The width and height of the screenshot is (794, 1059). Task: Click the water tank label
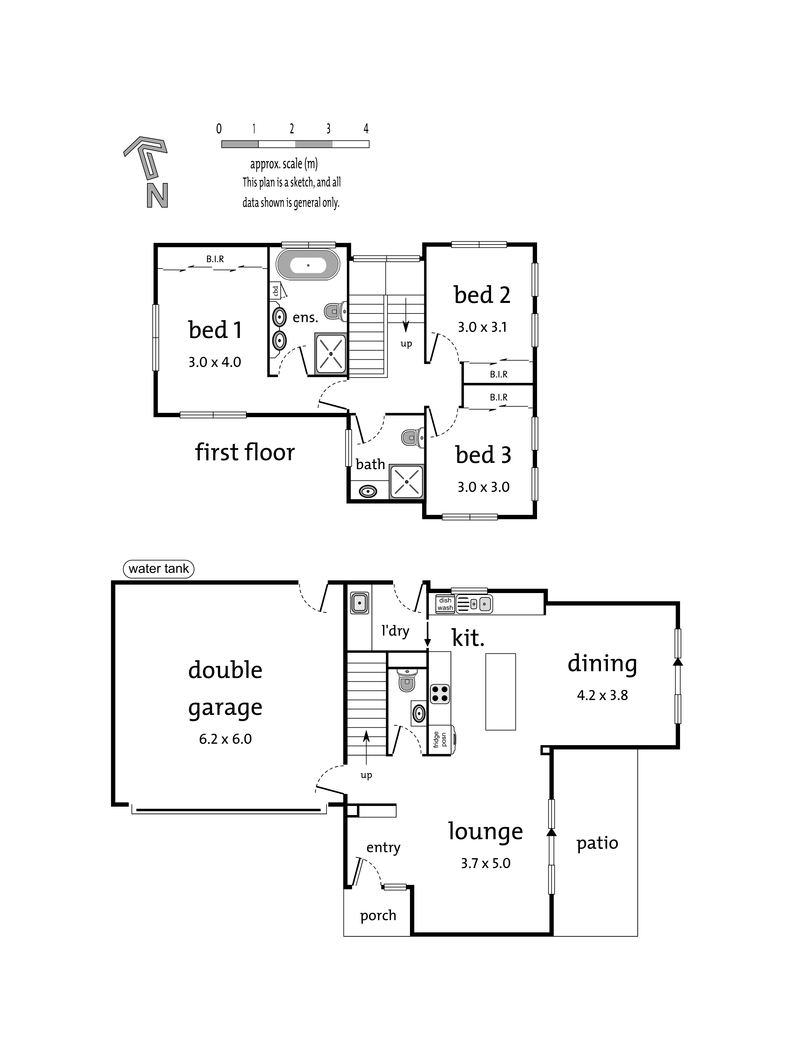coord(158,569)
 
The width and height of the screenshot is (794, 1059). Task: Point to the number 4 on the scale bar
coord(366,129)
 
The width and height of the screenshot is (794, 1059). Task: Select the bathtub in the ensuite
coord(308,264)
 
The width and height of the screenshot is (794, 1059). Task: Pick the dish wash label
coord(445,604)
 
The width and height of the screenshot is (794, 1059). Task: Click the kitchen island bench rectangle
coord(501,692)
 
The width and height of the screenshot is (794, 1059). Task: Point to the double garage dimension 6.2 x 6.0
coord(225,739)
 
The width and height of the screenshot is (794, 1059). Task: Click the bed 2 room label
coord(482,295)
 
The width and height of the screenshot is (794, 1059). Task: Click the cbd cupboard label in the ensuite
coord(275,291)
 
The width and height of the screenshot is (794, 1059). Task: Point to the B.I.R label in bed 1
coord(215,259)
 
